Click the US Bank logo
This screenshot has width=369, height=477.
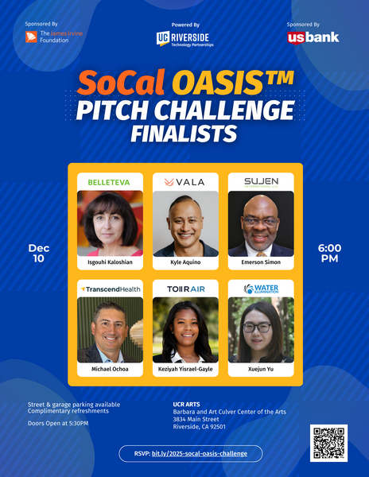[313, 37]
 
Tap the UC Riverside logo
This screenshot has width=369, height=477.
[184, 39]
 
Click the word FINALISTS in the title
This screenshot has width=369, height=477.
[184, 131]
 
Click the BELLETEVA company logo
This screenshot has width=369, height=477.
[110, 182]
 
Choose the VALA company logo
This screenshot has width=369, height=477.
[184, 182]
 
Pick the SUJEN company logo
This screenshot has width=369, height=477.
[261, 182]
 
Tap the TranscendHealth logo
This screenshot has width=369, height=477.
[110, 289]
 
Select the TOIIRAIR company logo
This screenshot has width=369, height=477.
[184, 289]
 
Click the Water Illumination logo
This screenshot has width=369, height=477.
[261, 289]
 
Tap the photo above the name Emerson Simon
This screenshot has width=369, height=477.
[261, 223]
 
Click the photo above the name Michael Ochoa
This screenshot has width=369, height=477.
[110, 330]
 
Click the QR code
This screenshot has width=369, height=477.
[328, 443]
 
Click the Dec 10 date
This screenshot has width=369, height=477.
[39, 253]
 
